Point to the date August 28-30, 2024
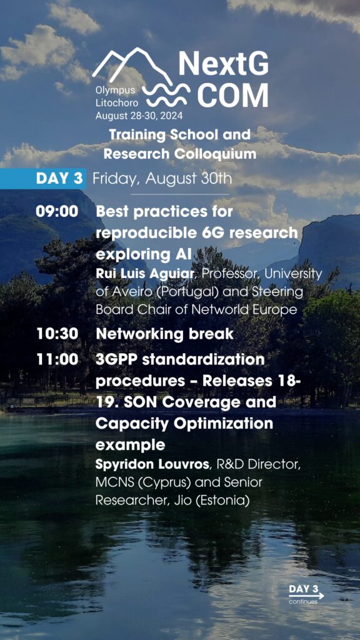pyautogui.click(x=139, y=116)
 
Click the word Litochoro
pyautogui.click(x=117, y=103)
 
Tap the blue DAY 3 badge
pyautogui.click(x=43, y=179)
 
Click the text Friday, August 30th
pyautogui.click(x=162, y=179)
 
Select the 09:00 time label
pyautogui.click(x=57, y=212)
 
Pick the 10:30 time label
pyautogui.click(x=57, y=334)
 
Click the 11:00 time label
pyautogui.click(x=57, y=359)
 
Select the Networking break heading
pyautogui.click(x=164, y=334)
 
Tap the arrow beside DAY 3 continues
pyautogui.click(x=306, y=596)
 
